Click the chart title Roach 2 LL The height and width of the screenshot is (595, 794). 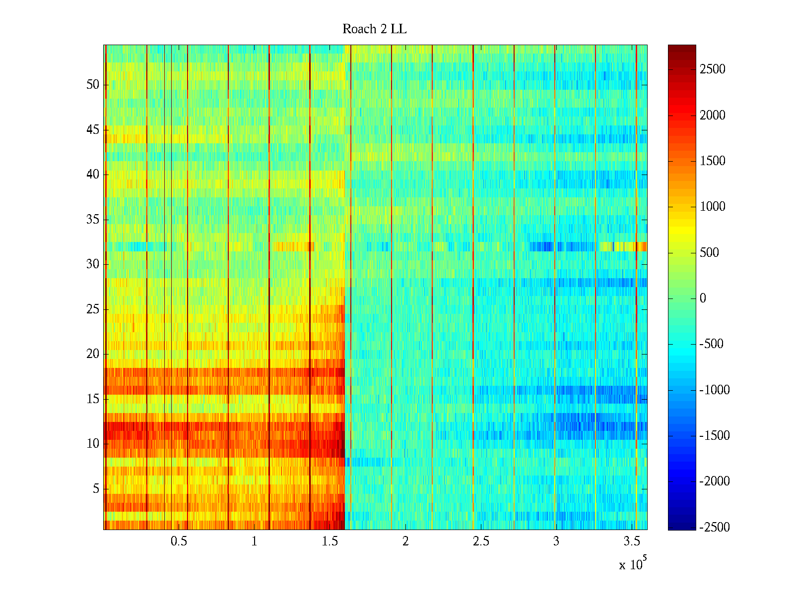(x=374, y=29)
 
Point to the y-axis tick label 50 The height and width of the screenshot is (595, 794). (x=93, y=85)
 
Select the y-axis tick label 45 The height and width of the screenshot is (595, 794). (x=93, y=130)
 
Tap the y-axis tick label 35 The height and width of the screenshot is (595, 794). (x=93, y=220)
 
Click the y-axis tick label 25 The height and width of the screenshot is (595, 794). (x=93, y=309)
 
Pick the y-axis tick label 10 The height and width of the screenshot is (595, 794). (x=93, y=444)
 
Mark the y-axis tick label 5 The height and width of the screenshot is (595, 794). (x=96, y=489)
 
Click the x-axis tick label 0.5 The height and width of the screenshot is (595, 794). (x=179, y=541)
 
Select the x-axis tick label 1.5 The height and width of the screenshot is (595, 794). (x=330, y=541)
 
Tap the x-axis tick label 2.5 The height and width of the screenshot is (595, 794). (x=481, y=541)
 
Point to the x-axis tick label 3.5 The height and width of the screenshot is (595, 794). (x=632, y=541)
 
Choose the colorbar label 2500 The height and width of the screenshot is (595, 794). (x=713, y=69)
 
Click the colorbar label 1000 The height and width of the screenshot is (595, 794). (x=713, y=207)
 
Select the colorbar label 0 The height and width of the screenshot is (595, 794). (x=703, y=298)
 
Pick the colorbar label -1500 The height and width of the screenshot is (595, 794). (x=715, y=436)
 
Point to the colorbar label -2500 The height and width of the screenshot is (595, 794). (x=715, y=527)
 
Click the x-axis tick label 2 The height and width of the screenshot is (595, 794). (x=405, y=541)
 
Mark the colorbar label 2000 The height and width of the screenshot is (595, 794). (x=713, y=116)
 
